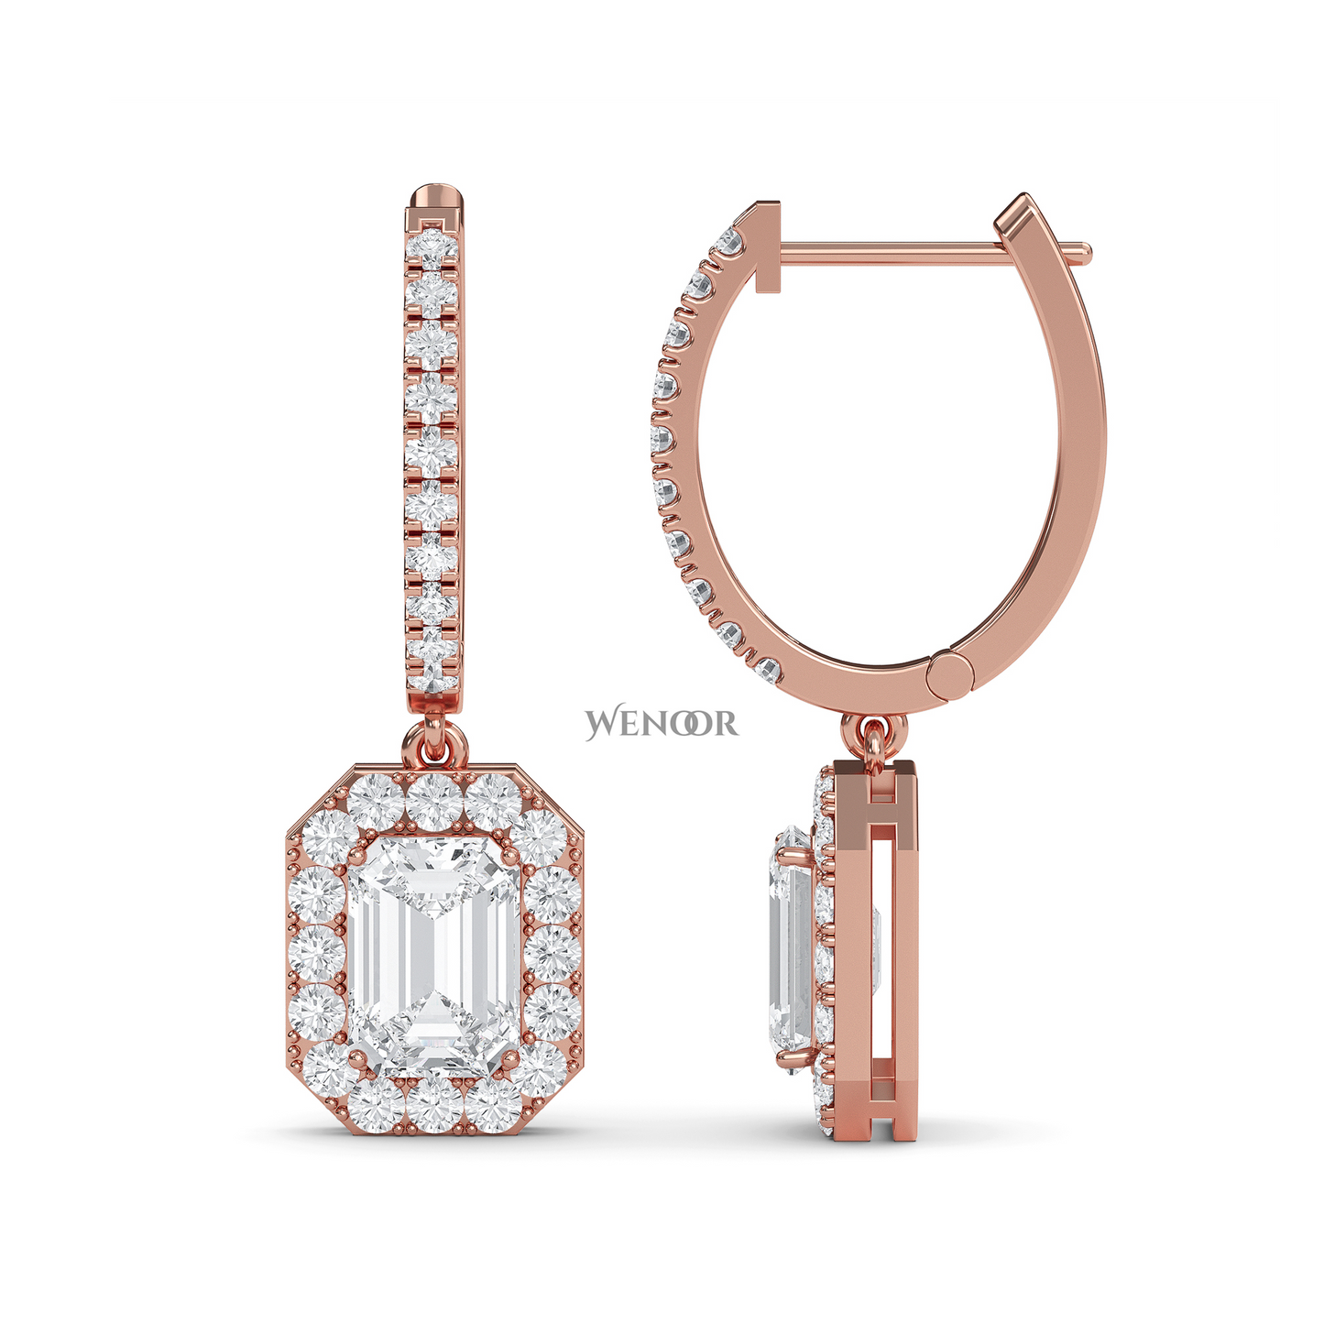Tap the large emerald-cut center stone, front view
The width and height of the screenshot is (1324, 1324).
point(433,959)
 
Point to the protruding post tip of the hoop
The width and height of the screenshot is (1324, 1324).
point(1081,253)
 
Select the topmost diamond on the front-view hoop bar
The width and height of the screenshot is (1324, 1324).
point(432,248)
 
